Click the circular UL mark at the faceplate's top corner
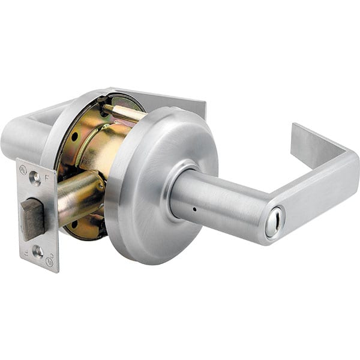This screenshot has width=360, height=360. pos(23,169)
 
